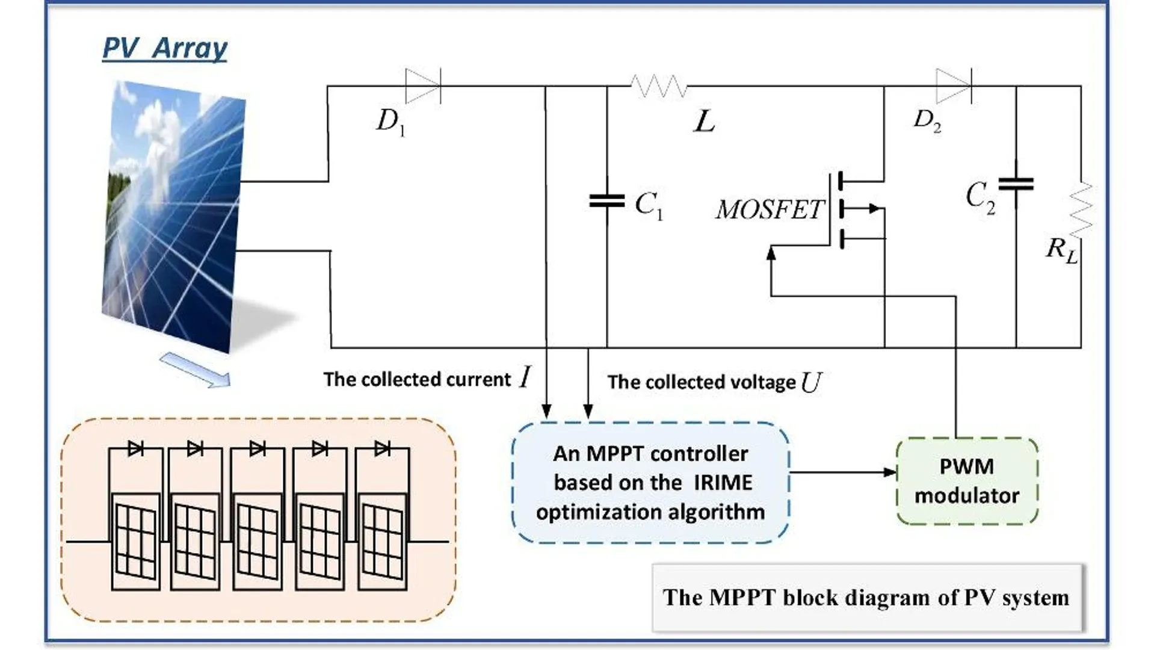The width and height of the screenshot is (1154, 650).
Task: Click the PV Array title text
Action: [x=165, y=48]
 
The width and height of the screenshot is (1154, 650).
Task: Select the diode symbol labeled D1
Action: [x=422, y=86]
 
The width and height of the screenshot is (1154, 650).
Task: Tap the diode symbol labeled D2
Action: [x=953, y=85]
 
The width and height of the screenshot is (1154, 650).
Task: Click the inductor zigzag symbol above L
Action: [x=659, y=87]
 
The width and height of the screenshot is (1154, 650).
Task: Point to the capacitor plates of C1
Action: [x=606, y=200]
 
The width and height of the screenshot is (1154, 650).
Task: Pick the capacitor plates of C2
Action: [x=1016, y=184]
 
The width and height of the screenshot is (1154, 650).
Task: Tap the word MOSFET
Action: [x=768, y=209]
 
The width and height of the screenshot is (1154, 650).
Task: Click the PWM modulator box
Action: [x=967, y=481]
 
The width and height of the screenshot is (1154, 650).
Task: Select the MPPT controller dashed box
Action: [x=650, y=483]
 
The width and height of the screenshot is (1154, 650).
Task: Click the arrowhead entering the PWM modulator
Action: [x=890, y=472]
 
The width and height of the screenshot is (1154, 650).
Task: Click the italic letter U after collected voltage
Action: [x=811, y=382]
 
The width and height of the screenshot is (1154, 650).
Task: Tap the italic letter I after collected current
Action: [x=525, y=378]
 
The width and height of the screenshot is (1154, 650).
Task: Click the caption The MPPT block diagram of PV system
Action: [x=866, y=598]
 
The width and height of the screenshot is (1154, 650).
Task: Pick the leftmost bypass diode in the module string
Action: [x=135, y=448]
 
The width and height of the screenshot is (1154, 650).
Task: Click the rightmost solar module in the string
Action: [x=382, y=542]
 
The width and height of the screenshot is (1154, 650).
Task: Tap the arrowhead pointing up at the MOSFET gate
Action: [x=771, y=253]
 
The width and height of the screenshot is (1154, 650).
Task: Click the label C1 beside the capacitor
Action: [x=649, y=205]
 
